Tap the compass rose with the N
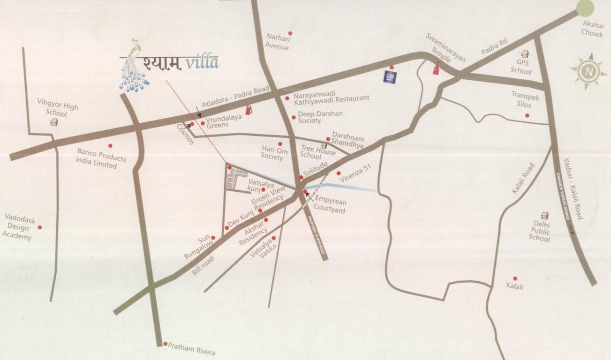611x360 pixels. click(x=588, y=71)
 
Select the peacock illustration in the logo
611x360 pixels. click(x=136, y=66)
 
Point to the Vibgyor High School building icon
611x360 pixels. click(x=54, y=122)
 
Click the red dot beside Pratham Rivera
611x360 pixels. click(x=165, y=344)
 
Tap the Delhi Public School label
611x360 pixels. click(x=540, y=231)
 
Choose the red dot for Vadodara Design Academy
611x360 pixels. click(x=40, y=227)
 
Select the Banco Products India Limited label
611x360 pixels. click(x=97, y=159)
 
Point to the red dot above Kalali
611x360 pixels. click(x=515, y=278)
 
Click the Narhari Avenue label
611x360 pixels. click(x=278, y=41)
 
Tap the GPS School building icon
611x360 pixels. click(x=525, y=54)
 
